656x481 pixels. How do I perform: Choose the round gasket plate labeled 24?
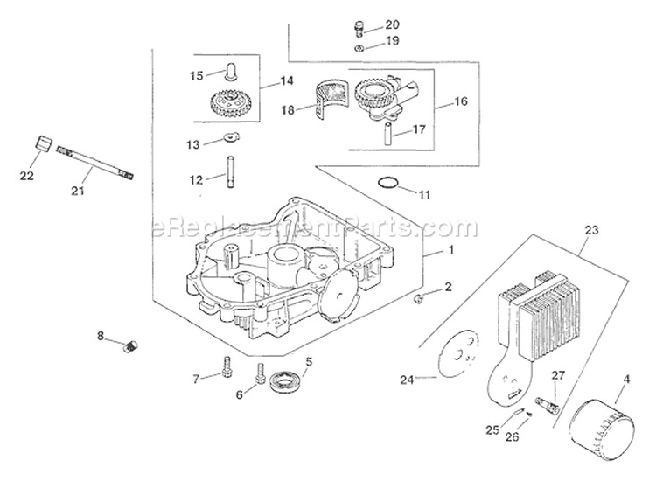click(458, 355)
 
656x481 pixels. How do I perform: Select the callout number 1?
click(452, 251)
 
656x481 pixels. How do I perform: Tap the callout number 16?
click(461, 101)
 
